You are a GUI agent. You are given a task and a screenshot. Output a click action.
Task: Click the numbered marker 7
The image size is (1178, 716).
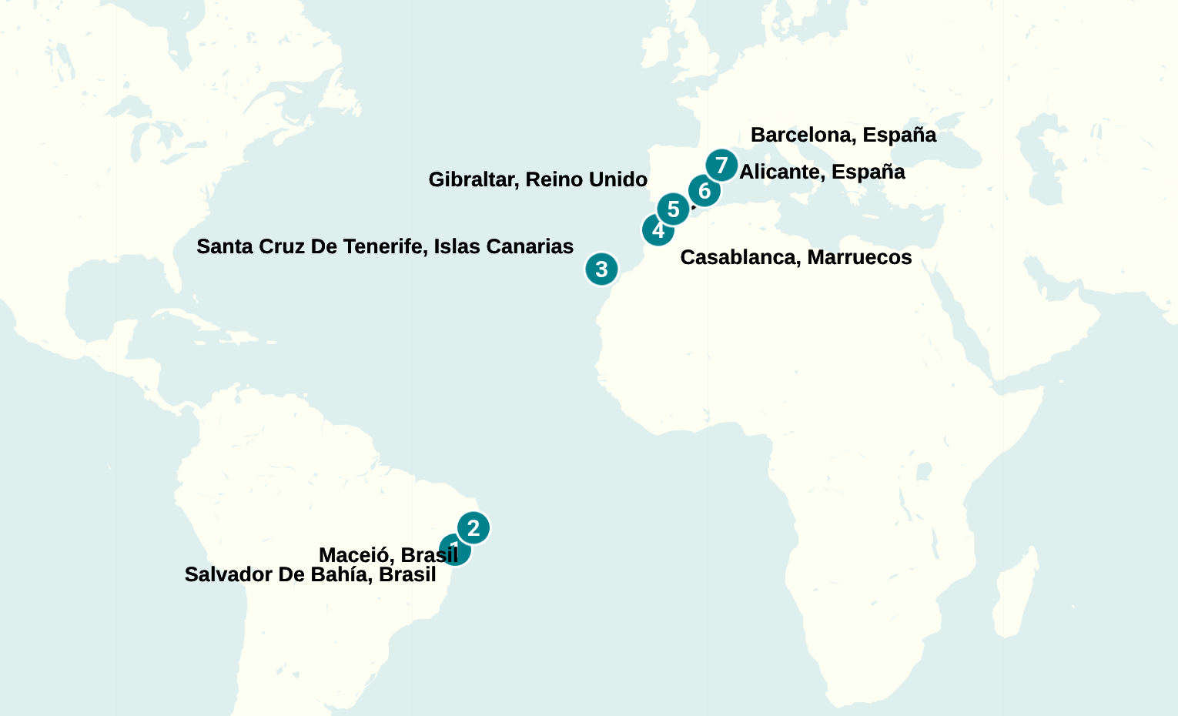[x=721, y=166]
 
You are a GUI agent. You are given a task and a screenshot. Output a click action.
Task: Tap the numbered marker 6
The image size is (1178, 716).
[x=704, y=191]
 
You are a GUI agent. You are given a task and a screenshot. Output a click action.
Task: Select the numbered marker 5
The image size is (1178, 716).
[x=673, y=209]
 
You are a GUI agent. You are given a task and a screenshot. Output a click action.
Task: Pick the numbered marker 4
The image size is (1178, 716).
[x=658, y=229]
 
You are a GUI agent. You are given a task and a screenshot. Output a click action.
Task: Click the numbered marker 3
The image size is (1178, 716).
[x=601, y=269]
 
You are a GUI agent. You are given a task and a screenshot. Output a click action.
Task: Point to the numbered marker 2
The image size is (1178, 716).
[x=474, y=528]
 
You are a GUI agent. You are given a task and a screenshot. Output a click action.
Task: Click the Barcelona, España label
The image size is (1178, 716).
[x=843, y=135]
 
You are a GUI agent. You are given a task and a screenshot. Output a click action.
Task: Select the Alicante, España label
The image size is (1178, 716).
[x=822, y=172]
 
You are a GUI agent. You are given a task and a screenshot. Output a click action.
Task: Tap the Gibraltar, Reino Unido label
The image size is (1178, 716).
[x=537, y=179]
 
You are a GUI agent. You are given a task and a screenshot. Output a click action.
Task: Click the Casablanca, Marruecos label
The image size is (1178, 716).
[x=795, y=257]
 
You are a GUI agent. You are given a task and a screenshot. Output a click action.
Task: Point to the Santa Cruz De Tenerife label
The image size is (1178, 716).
[x=384, y=246]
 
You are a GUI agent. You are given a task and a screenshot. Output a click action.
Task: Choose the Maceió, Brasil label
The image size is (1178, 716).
[x=388, y=554]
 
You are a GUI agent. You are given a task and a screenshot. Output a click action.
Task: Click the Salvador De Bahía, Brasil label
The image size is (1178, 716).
[x=310, y=574]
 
